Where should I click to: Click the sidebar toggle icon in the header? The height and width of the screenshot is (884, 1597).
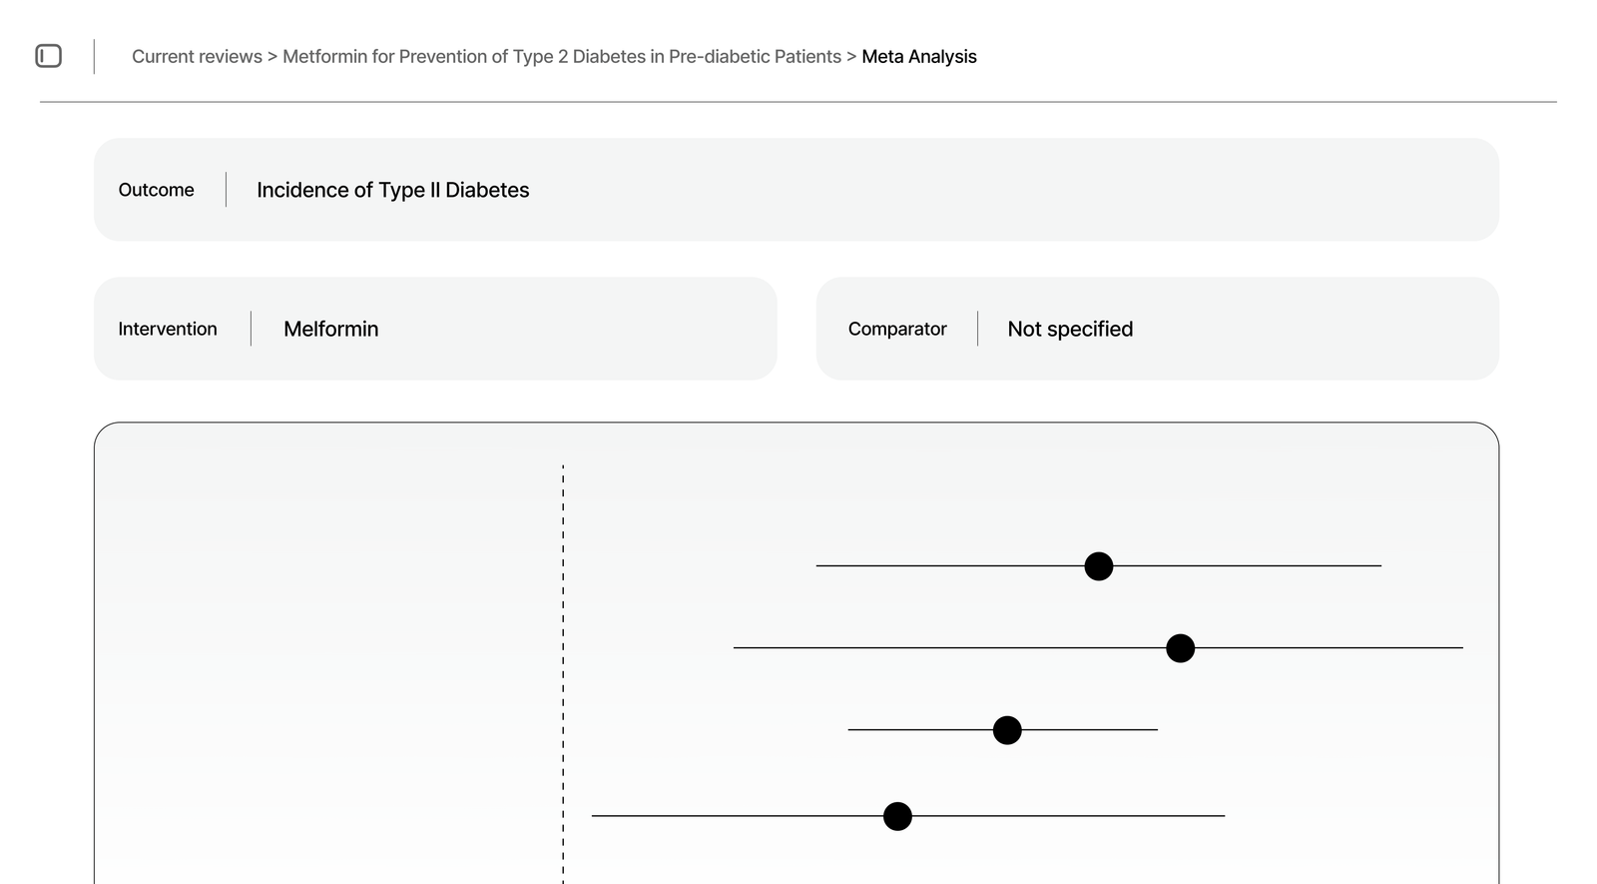(48, 56)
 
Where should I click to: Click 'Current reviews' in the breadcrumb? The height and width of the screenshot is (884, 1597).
(197, 57)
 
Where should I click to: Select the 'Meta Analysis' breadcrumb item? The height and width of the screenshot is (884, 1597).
(918, 57)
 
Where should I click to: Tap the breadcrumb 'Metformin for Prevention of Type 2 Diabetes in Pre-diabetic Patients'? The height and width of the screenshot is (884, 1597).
(562, 57)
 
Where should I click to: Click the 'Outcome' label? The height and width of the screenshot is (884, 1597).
(156, 190)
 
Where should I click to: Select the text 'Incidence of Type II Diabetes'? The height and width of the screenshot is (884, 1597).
(392, 190)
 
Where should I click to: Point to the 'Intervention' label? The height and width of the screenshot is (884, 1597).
(167, 329)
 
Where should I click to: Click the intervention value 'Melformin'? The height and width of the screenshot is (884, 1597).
(330, 329)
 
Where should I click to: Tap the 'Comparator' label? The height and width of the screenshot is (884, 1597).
(896, 329)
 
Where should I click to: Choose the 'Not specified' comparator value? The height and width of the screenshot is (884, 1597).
(1070, 329)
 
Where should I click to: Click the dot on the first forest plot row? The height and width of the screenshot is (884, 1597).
(1098, 566)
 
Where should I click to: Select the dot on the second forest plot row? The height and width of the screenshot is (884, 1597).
(1180, 648)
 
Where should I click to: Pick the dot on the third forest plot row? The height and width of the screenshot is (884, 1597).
(1007, 730)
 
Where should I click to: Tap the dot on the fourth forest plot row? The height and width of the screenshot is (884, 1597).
(897, 816)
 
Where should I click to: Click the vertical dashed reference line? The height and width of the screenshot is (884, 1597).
(563, 679)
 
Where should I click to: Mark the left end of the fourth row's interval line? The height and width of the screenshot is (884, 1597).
(594, 816)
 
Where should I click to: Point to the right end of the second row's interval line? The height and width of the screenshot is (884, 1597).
(1461, 648)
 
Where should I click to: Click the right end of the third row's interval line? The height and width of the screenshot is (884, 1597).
(1156, 730)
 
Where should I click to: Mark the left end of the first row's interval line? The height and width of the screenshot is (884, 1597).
(818, 566)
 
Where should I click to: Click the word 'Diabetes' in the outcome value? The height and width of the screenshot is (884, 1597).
(487, 190)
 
